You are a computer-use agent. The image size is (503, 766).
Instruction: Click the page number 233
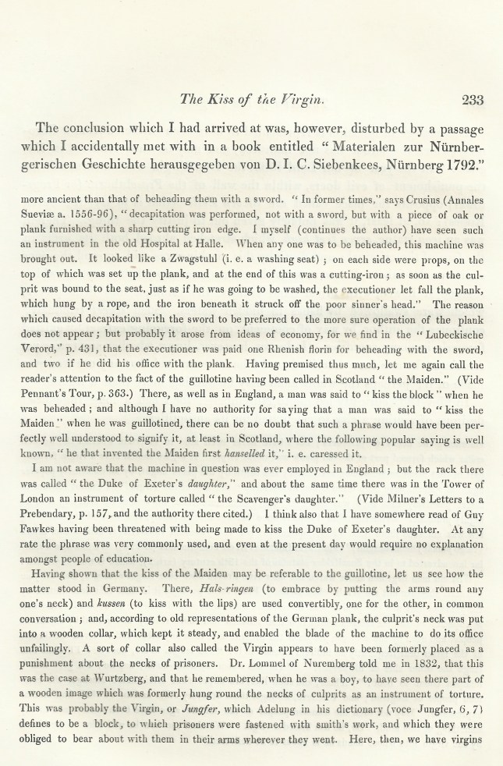click(x=473, y=100)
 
